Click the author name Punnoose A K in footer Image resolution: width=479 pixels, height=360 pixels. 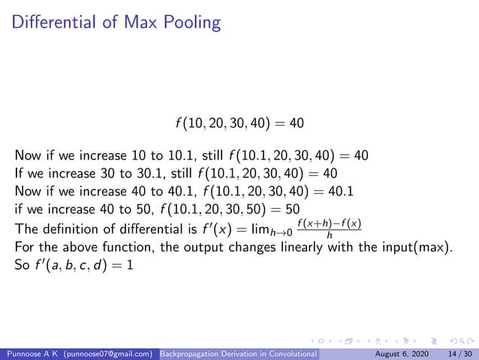pyautogui.click(x=30, y=352)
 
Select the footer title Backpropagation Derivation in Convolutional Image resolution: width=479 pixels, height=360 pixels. pyautogui.click(x=239, y=352)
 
